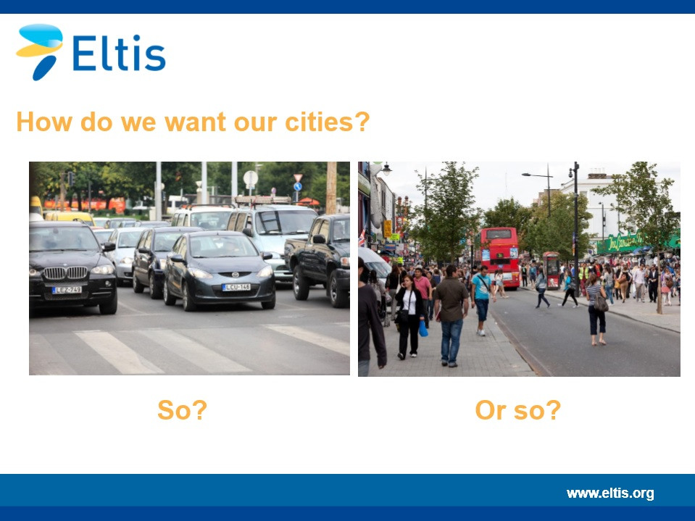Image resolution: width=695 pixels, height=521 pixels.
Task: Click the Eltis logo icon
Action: click(x=39, y=51)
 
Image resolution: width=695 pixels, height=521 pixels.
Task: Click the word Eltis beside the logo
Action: click(x=119, y=53)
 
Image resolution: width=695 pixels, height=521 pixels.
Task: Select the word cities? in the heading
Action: click(x=327, y=122)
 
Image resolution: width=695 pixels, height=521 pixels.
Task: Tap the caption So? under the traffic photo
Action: click(x=182, y=410)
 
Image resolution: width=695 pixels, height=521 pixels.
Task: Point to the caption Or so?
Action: click(x=517, y=410)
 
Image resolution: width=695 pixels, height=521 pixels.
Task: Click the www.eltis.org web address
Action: click(x=610, y=493)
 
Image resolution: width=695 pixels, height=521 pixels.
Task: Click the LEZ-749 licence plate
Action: click(x=67, y=290)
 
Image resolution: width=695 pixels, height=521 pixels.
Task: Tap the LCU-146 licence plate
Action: click(x=236, y=287)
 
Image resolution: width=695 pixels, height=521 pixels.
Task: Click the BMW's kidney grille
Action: click(x=66, y=272)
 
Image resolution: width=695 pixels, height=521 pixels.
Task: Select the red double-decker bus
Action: click(x=499, y=257)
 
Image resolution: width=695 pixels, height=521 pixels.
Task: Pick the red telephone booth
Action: click(x=552, y=270)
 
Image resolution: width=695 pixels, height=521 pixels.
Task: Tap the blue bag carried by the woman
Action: click(x=423, y=328)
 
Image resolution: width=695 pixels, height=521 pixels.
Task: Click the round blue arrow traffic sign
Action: click(x=297, y=187)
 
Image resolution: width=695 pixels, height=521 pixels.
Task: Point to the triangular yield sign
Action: click(x=298, y=178)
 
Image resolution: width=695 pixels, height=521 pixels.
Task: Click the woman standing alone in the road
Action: click(x=596, y=309)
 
